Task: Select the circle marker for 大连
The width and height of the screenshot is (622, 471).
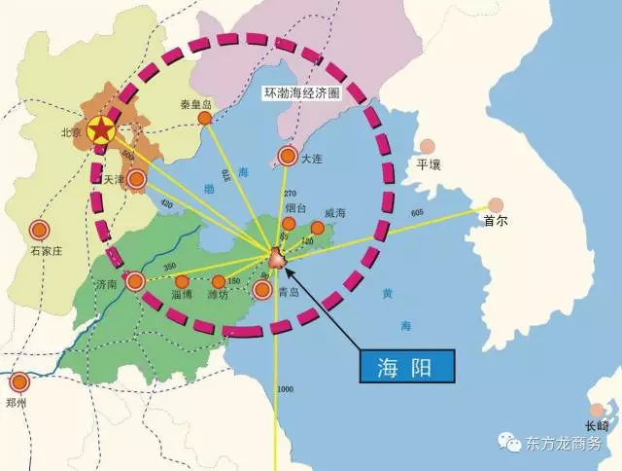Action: coord(288,155)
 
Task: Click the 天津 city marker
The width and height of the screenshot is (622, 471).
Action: coord(137,179)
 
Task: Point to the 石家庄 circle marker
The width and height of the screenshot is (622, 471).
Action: coord(39,231)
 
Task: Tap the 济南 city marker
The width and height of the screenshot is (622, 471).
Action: coord(135,281)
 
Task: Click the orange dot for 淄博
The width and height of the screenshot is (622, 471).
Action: coord(182,281)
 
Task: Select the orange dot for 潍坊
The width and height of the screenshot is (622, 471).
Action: coord(219,281)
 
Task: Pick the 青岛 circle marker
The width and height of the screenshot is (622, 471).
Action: coord(261,288)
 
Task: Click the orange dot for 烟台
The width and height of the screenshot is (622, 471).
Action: coord(289,223)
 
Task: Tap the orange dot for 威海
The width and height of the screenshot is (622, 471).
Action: coord(317,227)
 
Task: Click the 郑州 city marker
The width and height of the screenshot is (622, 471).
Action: coord(20,380)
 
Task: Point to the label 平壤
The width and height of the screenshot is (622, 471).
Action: coord(429,165)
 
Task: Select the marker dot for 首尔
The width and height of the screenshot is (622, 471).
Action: coord(496,204)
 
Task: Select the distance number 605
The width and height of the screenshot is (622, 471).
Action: coord(418,213)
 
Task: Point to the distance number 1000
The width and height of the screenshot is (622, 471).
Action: coord(285,389)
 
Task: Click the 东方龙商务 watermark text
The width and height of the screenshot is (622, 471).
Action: coord(565,442)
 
